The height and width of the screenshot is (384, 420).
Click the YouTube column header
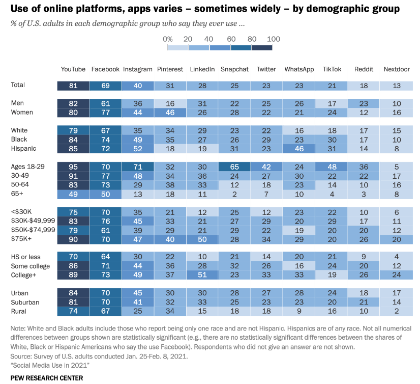73,69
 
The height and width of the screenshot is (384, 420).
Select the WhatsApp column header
299,69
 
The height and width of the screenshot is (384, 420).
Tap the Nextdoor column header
397,69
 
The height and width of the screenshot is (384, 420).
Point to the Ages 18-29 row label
27,167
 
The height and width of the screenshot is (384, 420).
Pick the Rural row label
19,311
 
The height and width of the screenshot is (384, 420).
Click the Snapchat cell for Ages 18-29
234,167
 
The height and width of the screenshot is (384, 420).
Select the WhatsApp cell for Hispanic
299,148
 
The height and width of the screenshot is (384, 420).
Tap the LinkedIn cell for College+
202,275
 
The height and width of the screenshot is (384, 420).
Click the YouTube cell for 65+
73,194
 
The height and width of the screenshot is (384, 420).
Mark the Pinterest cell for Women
170,112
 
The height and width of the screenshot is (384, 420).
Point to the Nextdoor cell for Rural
397,311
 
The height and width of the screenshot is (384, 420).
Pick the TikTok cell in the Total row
332,85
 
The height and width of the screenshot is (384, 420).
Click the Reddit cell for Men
365,103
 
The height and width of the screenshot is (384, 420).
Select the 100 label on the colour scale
274,39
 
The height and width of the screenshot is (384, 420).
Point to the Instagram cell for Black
137,139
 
